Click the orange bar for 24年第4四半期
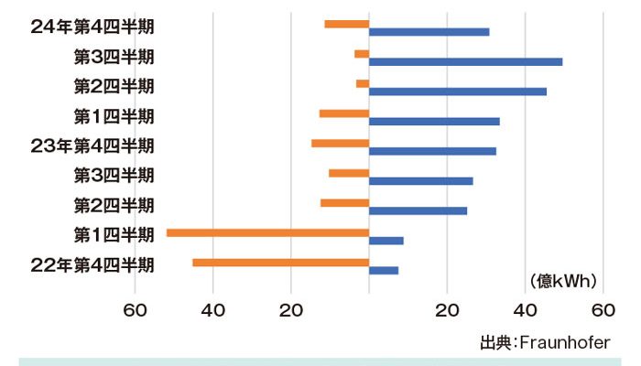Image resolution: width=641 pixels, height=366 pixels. click(347, 24)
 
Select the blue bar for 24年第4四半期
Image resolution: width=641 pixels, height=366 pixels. click(429, 32)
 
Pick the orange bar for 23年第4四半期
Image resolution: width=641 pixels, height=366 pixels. click(340, 143)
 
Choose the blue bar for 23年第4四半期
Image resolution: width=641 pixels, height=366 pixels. click(432, 151)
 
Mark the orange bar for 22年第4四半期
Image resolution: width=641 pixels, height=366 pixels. click(280, 263)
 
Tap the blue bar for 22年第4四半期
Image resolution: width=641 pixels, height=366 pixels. click(384, 270)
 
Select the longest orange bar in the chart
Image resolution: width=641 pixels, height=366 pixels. click(267, 232)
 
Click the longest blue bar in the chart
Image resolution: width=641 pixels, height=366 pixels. click(465, 61)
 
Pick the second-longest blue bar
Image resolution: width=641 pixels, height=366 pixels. click(458, 91)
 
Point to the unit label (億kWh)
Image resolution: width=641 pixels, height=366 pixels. click(562, 280)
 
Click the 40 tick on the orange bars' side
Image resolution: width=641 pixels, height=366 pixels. click(213, 309)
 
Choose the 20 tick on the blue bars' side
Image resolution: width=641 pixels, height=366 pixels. click(447, 309)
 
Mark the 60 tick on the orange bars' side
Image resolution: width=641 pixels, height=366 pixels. click(136, 309)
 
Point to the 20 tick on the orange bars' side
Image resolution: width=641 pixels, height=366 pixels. click(291, 309)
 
